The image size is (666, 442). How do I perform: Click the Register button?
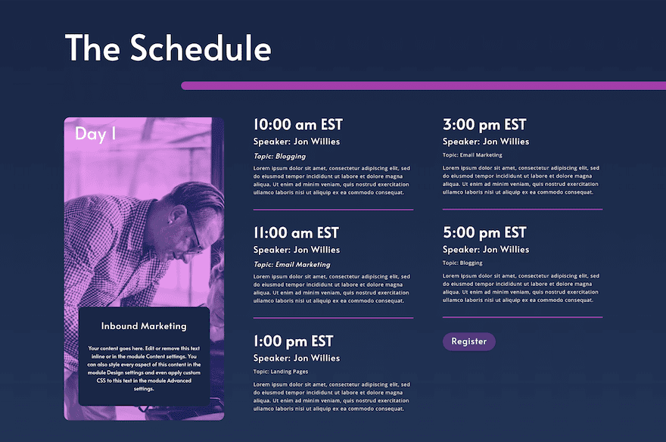point(469,341)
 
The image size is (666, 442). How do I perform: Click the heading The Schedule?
point(168,48)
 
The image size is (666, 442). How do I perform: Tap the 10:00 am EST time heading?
point(297,124)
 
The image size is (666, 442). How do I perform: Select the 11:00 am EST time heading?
point(296,232)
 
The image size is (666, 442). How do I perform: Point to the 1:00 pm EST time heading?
point(293,341)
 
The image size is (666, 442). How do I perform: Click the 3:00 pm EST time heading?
point(484,124)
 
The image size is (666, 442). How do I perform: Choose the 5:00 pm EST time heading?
point(484,232)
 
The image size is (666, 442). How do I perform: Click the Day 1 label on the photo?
point(95,134)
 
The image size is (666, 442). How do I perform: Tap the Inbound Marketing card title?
point(144,325)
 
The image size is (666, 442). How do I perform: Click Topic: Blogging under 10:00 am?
point(279,156)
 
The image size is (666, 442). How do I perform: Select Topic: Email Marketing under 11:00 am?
point(292,265)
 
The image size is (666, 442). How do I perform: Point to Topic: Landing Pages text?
point(281,372)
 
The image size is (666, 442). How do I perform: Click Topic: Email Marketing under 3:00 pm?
point(472,155)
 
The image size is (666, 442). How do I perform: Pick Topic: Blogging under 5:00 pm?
point(462,263)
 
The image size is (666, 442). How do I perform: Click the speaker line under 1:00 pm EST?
point(297,358)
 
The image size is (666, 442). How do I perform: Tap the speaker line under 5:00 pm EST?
point(486,249)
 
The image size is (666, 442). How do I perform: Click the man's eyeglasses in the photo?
point(194,232)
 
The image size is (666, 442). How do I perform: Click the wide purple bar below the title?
point(424,86)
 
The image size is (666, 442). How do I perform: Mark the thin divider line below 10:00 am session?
point(334,210)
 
